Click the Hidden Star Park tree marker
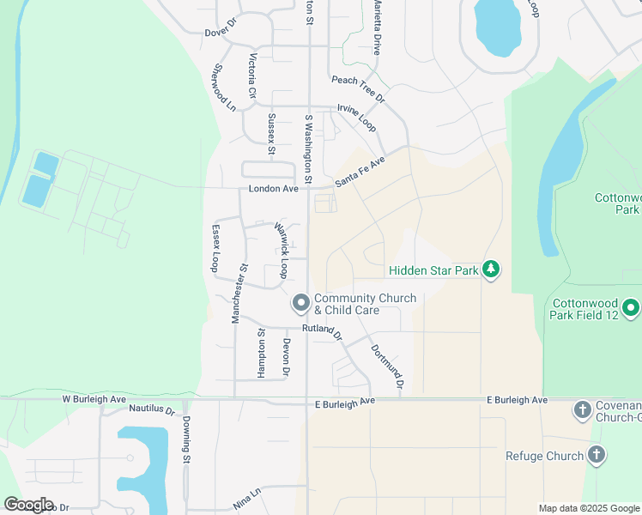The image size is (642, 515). click(x=491, y=270)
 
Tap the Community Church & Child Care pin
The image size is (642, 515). click(x=300, y=303)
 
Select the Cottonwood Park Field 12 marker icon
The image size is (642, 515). click(x=631, y=307)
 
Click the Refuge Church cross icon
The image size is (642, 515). click(x=596, y=455)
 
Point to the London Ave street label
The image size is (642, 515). click(x=273, y=189)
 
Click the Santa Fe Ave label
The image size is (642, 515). click(x=360, y=172)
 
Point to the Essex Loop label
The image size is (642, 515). click(x=215, y=249)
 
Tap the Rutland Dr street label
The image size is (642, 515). click(x=321, y=330)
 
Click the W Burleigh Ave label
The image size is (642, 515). click(x=94, y=400)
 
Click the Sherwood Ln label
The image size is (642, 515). click(x=224, y=88)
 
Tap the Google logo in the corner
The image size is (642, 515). click(x=28, y=505)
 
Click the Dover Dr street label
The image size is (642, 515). click(x=220, y=33)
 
